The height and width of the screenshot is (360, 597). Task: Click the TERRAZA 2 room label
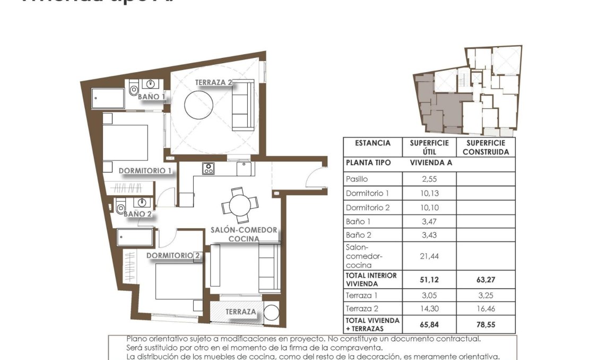pyautogui.click(x=213, y=82)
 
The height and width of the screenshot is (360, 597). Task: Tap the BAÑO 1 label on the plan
pyautogui.click(x=151, y=97)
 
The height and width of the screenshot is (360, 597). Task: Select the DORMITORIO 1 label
pyautogui.click(x=145, y=171)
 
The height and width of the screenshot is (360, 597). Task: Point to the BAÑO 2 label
pyautogui.click(x=137, y=214)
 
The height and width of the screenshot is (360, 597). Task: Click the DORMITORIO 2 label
pyautogui.click(x=173, y=255)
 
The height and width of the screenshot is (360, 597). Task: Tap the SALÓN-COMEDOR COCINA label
pyautogui.click(x=244, y=234)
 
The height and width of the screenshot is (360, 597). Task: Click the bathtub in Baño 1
pyautogui.click(x=108, y=98)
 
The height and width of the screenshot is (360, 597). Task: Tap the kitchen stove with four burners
pyautogui.click(x=208, y=168)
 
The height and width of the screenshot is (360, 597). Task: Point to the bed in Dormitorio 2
pyautogui.click(x=178, y=281)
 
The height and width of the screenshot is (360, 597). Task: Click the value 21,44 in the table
pyautogui.click(x=429, y=256)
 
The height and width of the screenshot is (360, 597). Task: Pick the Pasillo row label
pyautogui.click(x=357, y=179)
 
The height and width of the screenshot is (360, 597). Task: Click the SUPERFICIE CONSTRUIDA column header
pyautogui.click(x=485, y=147)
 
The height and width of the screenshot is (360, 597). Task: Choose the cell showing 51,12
pyautogui.click(x=429, y=279)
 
